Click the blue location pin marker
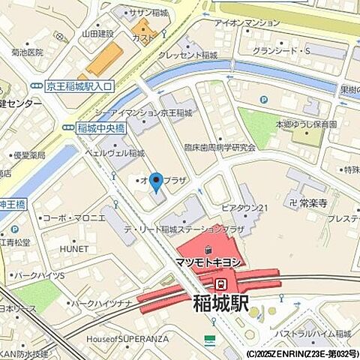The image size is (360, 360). click(x=156, y=181)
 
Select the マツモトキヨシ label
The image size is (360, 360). click(x=208, y=262)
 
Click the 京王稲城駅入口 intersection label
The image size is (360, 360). click(x=78, y=87)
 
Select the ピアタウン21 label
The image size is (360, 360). click(x=244, y=207)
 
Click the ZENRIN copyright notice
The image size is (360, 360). click(x=301, y=353)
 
